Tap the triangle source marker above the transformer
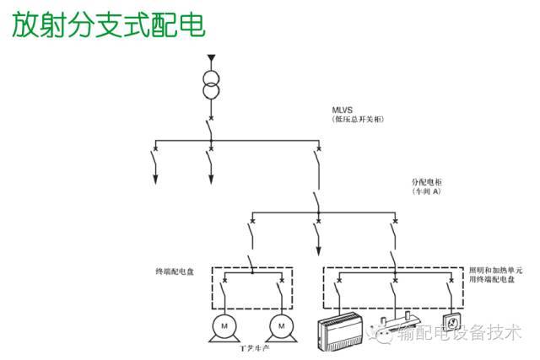211,58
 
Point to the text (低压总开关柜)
359,121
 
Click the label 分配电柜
427,181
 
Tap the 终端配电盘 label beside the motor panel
175,271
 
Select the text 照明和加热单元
497,271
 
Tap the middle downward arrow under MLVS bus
211,178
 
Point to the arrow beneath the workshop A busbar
317,250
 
